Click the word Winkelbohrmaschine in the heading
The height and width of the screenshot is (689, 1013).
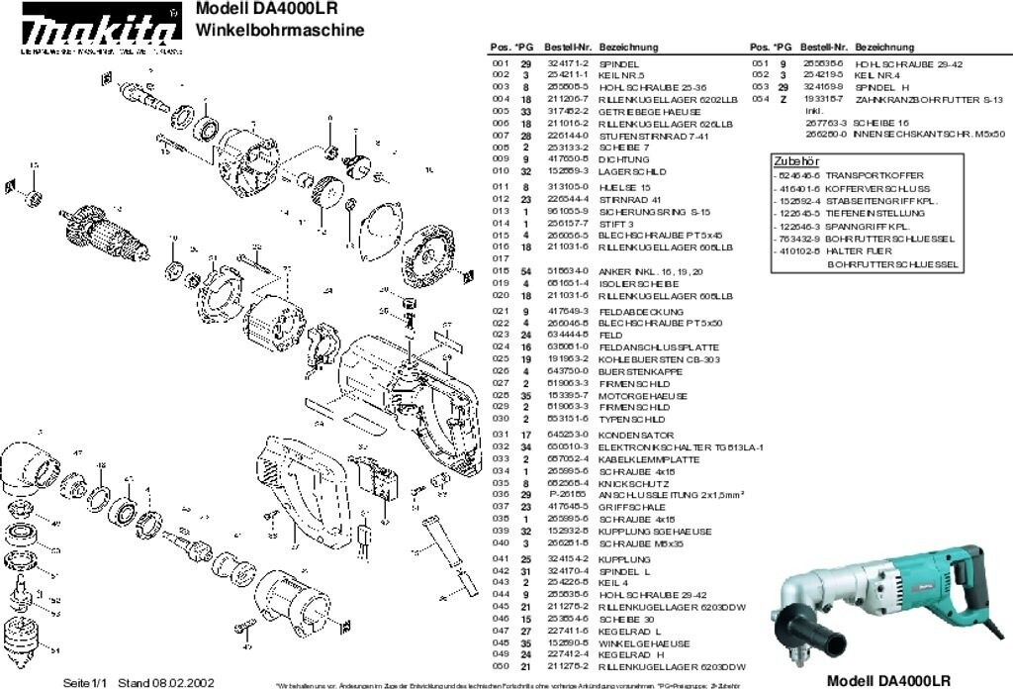(x=280, y=30)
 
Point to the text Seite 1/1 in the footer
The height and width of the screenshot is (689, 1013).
(x=85, y=682)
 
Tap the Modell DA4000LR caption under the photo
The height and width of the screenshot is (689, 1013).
(x=887, y=680)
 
